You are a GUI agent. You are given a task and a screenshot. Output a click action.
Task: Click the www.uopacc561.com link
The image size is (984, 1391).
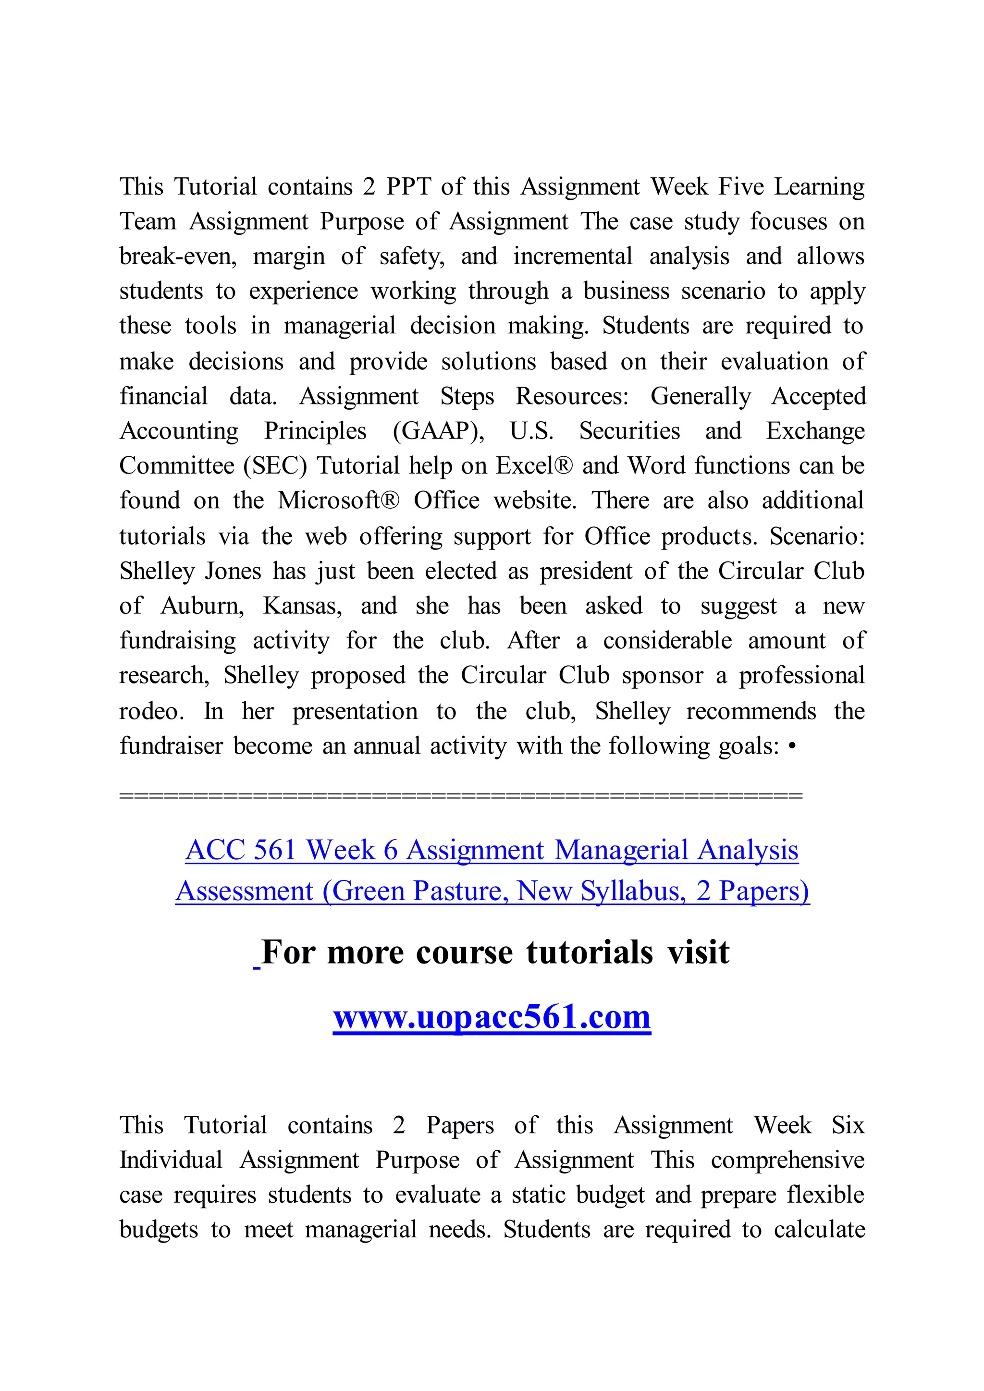(x=492, y=1017)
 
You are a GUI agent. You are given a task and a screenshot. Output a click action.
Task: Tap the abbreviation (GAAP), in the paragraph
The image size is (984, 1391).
(x=438, y=431)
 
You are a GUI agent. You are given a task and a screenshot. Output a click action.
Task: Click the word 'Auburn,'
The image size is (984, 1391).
(x=202, y=605)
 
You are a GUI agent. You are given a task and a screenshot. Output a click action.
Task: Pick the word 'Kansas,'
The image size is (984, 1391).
(x=302, y=605)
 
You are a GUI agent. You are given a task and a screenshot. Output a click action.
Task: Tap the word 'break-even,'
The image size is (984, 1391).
(x=177, y=256)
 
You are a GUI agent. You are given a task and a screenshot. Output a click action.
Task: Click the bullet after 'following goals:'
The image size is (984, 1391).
(x=792, y=746)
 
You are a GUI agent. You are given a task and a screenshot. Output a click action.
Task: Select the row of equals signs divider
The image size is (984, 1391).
(x=460, y=795)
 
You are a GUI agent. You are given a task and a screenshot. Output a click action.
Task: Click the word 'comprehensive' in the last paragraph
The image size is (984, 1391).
(x=787, y=1159)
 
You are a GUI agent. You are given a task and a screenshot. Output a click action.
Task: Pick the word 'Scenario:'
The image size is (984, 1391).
(x=817, y=536)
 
